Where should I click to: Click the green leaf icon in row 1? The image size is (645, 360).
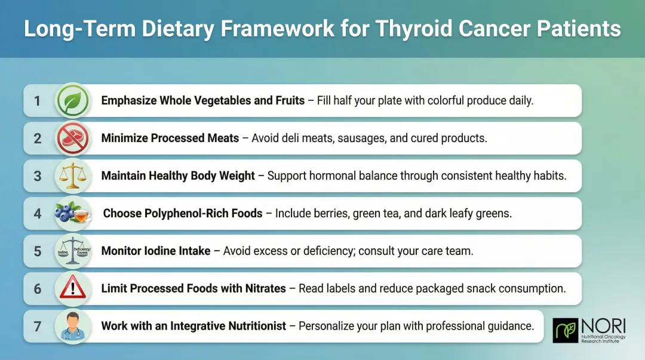tap(72, 100)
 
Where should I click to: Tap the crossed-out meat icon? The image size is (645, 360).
tap(72, 138)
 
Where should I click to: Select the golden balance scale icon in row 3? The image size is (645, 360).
tap(72, 176)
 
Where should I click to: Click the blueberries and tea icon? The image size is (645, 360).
tap(72, 213)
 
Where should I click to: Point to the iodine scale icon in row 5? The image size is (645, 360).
tap(72, 251)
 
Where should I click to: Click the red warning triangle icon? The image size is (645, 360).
tap(72, 288)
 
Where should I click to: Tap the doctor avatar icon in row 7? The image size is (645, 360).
tap(72, 326)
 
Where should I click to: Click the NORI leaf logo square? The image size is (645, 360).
tap(565, 330)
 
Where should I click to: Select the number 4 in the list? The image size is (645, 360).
tap(38, 214)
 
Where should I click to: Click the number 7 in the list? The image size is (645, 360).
tap(38, 327)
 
